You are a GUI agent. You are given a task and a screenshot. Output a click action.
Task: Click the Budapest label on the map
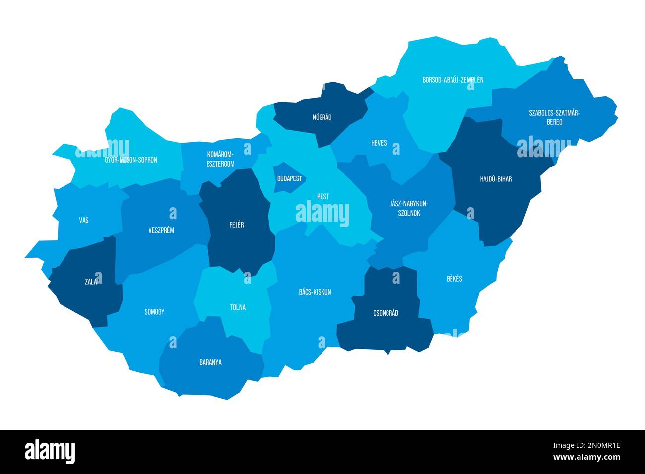tap(289, 178)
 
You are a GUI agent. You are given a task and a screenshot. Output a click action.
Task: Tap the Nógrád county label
tap(322, 118)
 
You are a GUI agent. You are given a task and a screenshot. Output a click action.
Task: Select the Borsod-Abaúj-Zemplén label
tap(452, 80)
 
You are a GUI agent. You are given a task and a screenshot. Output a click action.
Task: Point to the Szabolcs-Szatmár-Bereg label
tap(554, 117)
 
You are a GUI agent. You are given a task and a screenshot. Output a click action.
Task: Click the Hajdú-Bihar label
tap(496, 179)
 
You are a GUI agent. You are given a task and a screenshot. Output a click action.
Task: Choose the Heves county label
tap(379, 143)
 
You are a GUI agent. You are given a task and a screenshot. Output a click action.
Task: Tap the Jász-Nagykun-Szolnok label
tap(409, 208)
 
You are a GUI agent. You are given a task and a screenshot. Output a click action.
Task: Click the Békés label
tap(454, 279)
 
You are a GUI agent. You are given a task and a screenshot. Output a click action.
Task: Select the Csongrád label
tap(386, 313)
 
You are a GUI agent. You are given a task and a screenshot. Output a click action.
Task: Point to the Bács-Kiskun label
tap(315, 292)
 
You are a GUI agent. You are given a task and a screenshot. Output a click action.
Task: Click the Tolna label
tap(238, 307)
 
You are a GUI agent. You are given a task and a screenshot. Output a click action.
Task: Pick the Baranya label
tap(210, 362)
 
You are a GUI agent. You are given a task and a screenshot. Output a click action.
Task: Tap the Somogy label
tap(154, 312)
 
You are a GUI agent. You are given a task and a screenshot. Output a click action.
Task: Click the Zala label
tap(91, 282)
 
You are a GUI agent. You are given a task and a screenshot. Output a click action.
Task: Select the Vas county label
tap(84, 220)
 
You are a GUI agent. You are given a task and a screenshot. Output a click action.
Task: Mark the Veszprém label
tap(161, 230)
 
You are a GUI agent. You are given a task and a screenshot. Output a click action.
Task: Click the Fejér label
tap(237, 225)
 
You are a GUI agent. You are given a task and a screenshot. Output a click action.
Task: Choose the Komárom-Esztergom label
tap(220, 159)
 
